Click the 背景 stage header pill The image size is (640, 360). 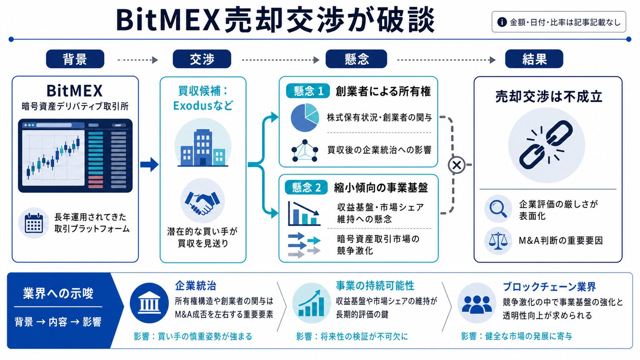pos(75,59)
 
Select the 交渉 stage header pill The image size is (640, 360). pos(202,59)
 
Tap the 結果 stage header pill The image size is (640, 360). pos(534,59)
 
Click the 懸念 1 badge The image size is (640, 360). pos(308,91)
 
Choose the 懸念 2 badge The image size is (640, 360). pos(306,187)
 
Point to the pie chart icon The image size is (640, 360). pos(305,117)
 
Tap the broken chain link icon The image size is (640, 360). pos(546,145)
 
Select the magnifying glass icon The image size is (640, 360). pos(498,209)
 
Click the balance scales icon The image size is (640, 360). pos(498,240)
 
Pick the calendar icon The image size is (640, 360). pos(34,223)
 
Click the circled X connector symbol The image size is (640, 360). pos(456,165)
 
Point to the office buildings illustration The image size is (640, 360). pos(203,148)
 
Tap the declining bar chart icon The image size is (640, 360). pos(304,213)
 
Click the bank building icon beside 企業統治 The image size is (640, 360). pos(149,303)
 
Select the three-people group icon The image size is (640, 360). pos(477,304)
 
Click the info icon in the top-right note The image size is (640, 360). pos(502,22)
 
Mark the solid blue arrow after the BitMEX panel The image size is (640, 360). pos(150,164)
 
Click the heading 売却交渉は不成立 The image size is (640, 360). pos(548,97)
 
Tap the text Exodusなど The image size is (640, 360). pos(203,106)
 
